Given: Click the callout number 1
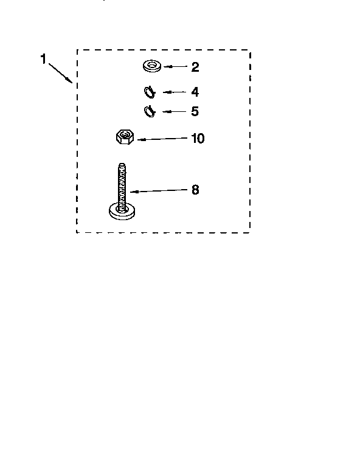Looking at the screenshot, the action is [43, 58].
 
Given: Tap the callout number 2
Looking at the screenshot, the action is [195, 67].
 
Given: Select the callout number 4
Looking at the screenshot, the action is [195, 92].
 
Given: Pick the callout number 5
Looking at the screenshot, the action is [195, 111].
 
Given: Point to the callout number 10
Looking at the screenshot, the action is [198, 139].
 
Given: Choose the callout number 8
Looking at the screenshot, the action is [195, 190].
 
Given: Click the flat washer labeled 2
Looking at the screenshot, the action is [152, 66].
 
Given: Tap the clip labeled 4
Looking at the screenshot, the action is [150, 92].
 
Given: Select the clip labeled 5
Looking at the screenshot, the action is [150, 111].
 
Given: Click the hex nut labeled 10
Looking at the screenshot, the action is [125, 137].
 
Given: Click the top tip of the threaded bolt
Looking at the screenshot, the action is [122, 164].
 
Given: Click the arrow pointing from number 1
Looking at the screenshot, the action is [60, 73].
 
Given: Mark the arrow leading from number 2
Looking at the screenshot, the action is [175, 66].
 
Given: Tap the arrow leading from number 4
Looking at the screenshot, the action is [175, 92].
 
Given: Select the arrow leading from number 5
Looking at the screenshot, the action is [175, 112].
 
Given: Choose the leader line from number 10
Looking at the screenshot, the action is [162, 139].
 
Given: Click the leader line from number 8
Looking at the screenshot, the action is [159, 191].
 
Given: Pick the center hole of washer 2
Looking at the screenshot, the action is [152, 64].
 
